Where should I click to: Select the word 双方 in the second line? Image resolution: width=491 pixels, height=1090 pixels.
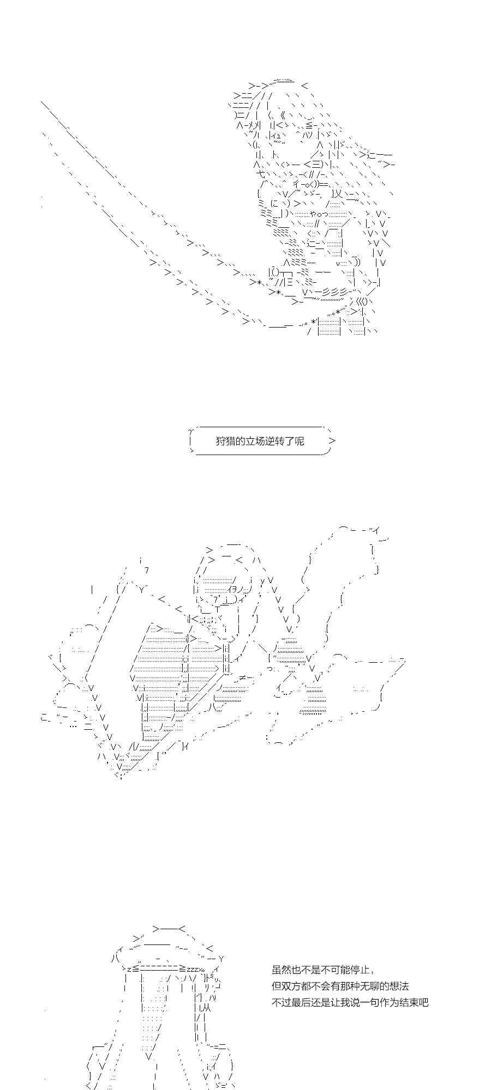pos(291,986)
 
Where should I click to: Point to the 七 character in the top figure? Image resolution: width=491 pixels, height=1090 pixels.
pos(261,174)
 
